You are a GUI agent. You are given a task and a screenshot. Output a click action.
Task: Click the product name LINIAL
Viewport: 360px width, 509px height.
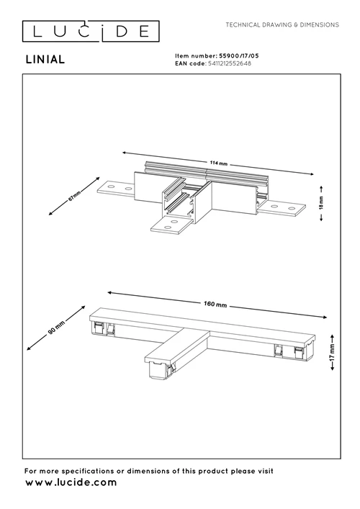45,60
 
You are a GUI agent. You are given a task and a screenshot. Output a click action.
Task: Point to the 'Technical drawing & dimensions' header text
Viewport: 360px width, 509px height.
282,24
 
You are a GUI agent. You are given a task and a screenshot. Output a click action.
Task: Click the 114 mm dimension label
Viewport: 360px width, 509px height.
218,163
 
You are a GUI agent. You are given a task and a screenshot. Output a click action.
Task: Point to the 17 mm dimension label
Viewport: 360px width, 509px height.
330,357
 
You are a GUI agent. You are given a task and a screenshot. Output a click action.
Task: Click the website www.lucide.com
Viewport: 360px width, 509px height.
71,483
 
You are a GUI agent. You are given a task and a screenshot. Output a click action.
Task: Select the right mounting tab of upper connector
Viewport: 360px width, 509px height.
282,209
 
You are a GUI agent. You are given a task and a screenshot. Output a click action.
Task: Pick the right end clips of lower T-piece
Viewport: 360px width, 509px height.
288,351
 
